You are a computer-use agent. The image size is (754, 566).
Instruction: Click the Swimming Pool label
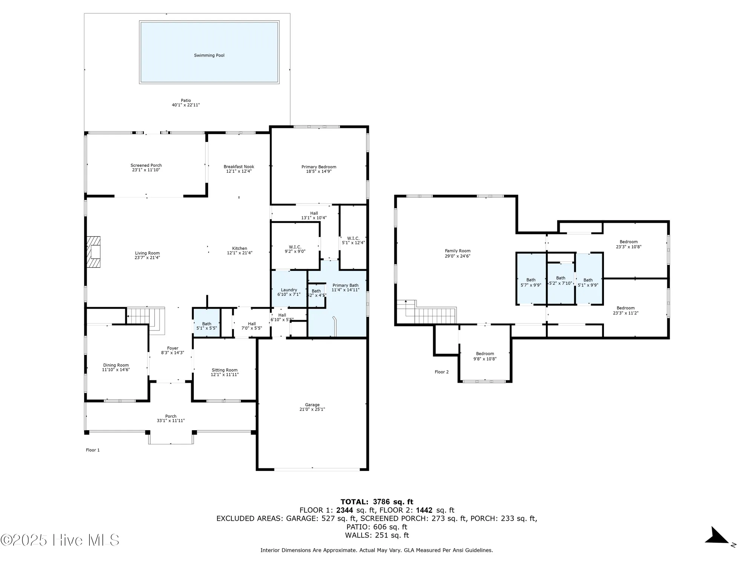209,55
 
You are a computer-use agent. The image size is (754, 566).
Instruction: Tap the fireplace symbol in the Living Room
94,252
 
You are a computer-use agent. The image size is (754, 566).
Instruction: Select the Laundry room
289,290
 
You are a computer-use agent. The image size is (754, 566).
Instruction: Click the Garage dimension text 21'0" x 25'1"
312,409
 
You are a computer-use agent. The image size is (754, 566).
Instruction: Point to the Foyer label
173,348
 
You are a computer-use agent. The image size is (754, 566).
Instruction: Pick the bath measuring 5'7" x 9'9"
531,282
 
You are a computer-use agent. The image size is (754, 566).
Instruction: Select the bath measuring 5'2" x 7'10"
561,280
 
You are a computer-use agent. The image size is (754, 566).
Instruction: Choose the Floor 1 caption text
93,450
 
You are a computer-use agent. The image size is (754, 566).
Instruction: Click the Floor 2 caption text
441,372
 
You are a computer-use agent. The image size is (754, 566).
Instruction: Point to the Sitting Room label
225,370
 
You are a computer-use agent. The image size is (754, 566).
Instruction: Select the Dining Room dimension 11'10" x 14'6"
116,370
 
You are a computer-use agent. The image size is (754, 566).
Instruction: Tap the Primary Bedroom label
319,167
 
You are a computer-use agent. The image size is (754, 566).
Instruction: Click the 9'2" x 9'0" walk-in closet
295,249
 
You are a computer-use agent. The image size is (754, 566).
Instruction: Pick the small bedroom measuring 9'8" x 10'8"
485,356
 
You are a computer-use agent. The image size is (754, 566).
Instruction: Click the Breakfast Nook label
239,166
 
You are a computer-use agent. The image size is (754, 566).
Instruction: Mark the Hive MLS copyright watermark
60,540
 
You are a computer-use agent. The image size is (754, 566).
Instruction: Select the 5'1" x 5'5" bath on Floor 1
207,326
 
